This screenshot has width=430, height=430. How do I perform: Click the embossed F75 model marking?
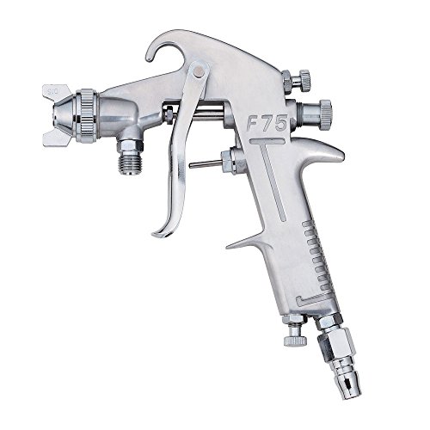coord(267,123)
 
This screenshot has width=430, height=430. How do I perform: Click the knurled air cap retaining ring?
coord(87,114)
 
